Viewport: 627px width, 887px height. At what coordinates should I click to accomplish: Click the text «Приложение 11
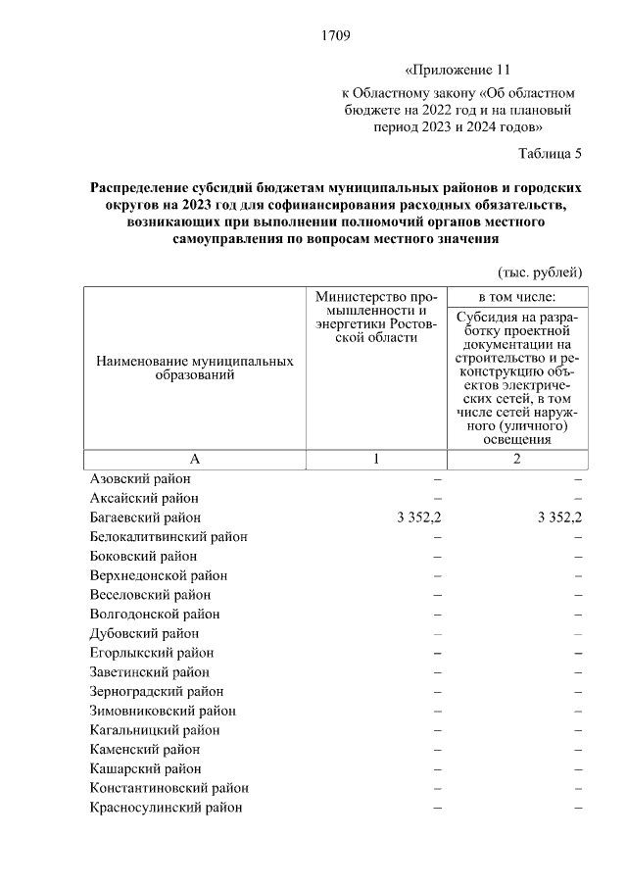458,71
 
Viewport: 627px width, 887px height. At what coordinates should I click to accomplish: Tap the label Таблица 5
550,153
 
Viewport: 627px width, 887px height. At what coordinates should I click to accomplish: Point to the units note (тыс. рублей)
541,271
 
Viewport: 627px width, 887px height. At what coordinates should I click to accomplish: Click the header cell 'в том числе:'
516,296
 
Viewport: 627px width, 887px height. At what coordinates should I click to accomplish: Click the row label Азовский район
140,479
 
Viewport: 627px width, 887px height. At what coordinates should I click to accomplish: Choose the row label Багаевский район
145,517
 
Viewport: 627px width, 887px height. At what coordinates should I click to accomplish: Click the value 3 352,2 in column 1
419,517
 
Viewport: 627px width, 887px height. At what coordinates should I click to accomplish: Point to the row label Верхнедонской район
159,575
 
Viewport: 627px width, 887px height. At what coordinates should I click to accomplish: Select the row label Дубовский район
144,633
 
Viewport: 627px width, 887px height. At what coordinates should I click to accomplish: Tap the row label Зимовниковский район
163,711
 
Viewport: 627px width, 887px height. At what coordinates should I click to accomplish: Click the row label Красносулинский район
166,808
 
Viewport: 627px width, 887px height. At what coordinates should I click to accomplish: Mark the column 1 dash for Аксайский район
437,498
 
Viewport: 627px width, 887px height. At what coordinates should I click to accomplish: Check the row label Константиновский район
169,788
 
